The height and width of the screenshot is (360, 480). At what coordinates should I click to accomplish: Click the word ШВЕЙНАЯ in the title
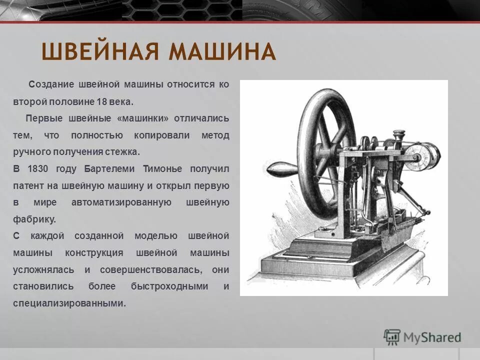100,52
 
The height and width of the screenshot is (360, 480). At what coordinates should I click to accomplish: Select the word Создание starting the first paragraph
51,84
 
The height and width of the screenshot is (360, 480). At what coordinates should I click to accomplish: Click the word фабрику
34,219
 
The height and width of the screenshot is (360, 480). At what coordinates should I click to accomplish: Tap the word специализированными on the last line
69,303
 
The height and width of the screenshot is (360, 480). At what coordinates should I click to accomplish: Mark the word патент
28,186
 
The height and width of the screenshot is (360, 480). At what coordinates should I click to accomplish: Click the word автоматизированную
121,202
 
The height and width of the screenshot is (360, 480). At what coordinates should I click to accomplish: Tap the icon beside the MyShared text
392,336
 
